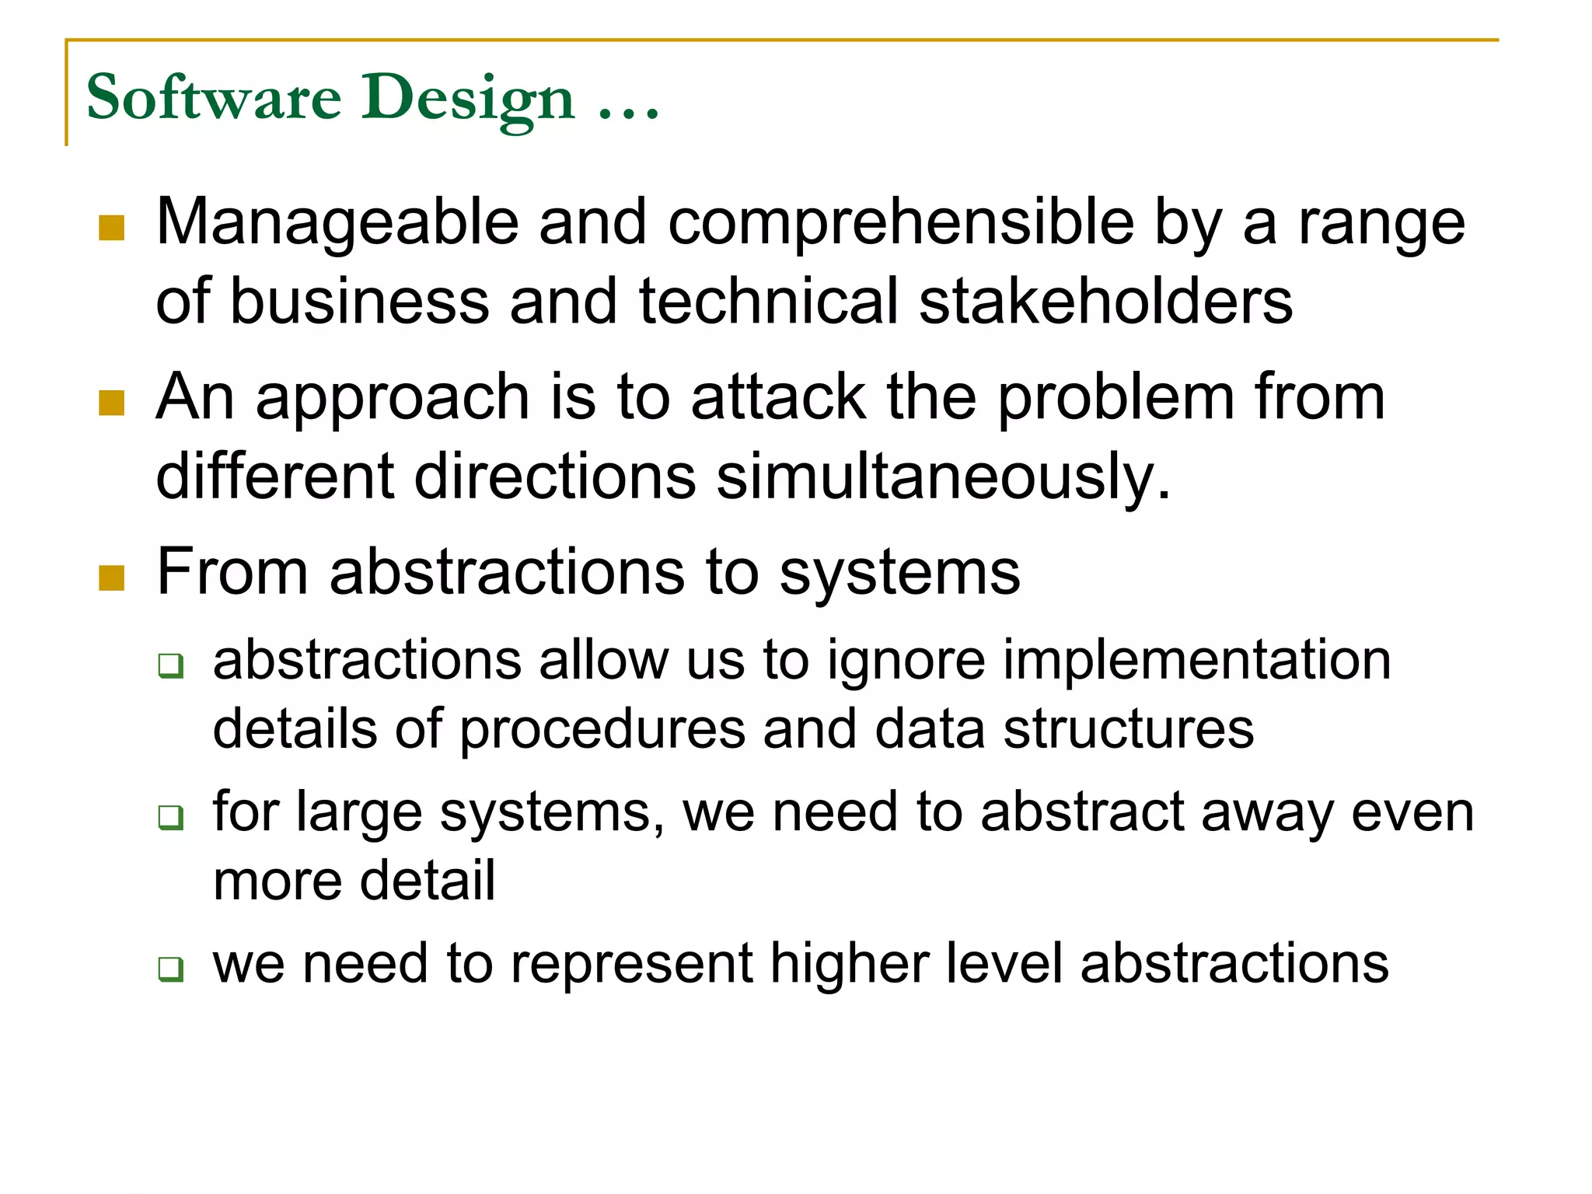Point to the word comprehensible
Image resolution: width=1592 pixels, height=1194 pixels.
[x=901, y=223]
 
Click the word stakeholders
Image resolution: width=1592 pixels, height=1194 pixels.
[x=1105, y=302]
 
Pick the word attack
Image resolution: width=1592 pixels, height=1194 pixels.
[x=778, y=397]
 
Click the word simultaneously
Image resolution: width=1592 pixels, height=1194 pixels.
[x=942, y=477]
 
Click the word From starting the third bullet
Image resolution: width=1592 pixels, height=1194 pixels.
[x=232, y=572]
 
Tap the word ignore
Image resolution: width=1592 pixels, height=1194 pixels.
[x=906, y=662]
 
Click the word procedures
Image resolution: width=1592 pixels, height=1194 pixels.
[x=602, y=731]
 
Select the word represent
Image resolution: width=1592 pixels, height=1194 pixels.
[x=632, y=964]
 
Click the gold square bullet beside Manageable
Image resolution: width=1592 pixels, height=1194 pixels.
[x=112, y=228]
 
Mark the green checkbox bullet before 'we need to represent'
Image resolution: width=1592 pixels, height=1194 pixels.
[x=170, y=969]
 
